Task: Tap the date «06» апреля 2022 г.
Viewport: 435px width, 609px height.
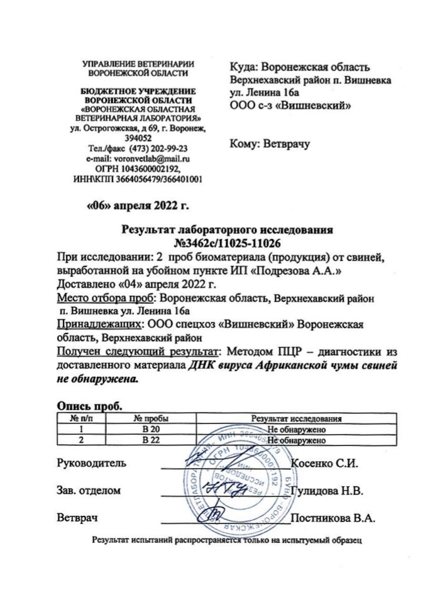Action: coord(137,204)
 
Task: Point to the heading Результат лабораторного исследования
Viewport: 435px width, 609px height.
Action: coord(217,230)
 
